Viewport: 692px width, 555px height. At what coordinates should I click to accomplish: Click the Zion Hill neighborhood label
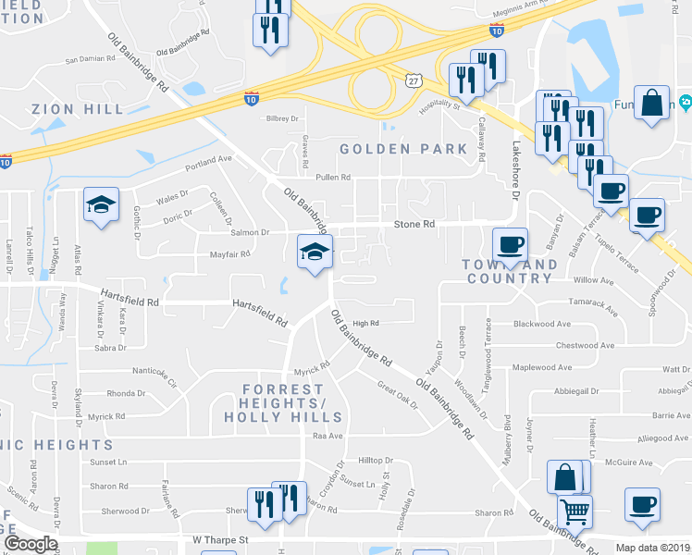coord(78,109)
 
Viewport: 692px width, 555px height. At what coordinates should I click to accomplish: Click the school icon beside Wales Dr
coord(102,204)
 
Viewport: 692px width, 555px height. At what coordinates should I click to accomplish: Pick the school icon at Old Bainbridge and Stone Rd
coord(315,251)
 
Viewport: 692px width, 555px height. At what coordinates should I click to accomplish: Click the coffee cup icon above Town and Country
coord(510,245)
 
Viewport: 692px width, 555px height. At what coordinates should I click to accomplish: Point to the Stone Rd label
coord(414,224)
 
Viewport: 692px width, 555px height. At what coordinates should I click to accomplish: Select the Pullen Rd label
coord(333,177)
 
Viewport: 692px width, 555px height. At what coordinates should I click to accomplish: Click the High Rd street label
coord(366,323)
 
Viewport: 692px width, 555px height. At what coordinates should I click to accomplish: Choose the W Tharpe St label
coord(221,539)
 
